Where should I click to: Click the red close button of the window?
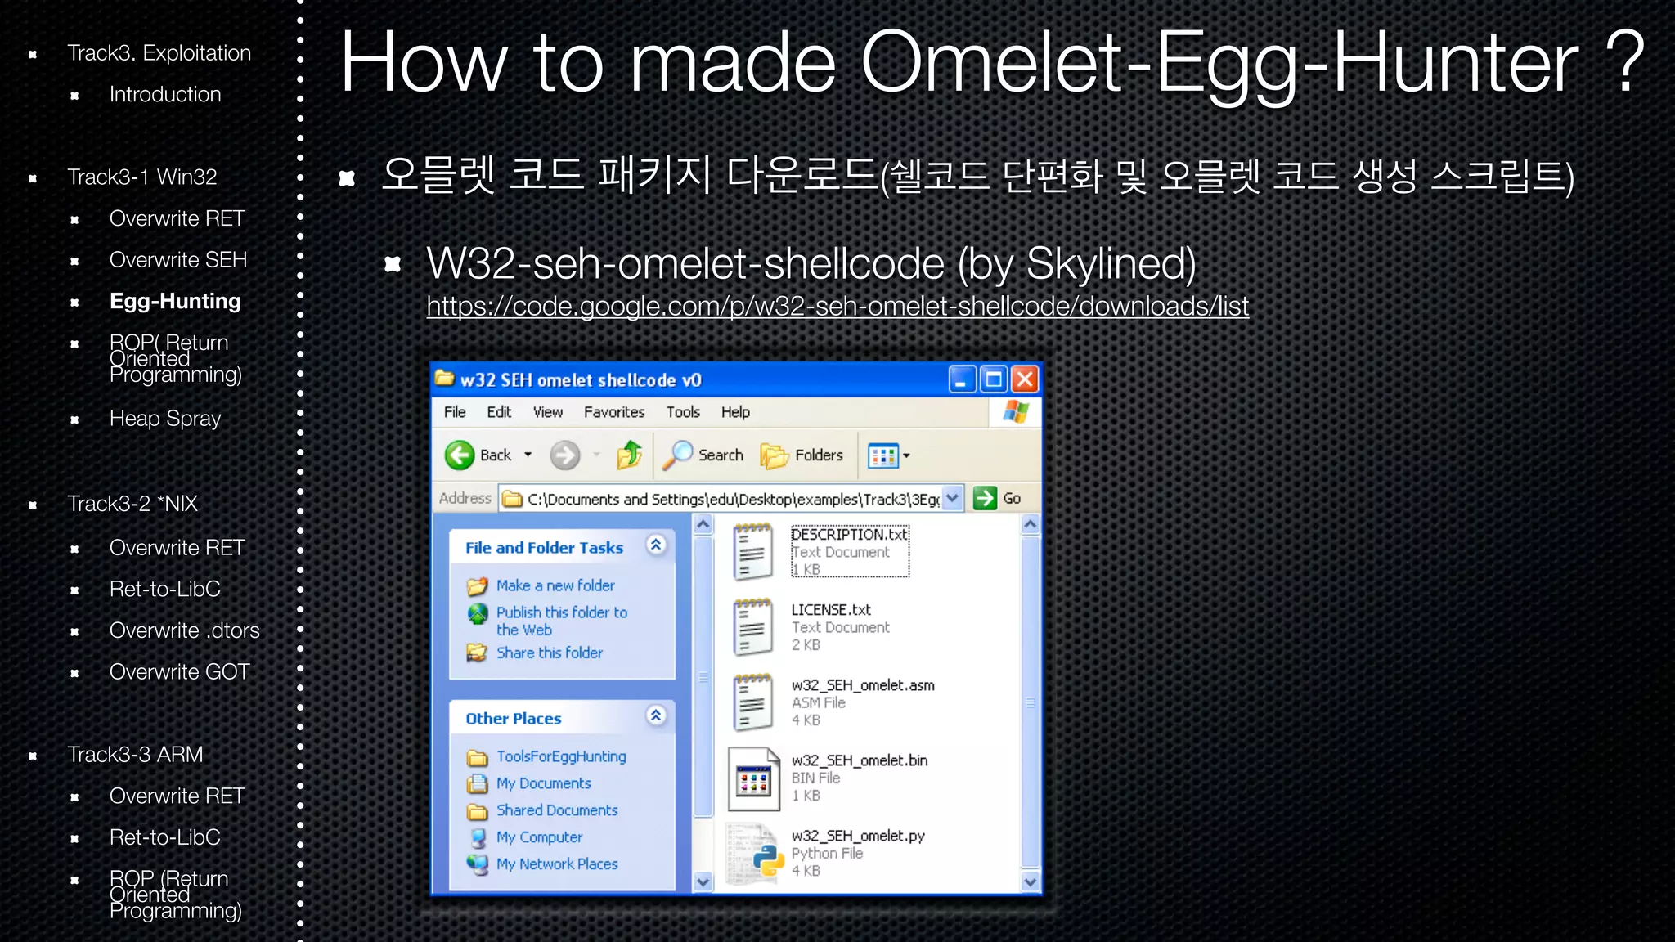(x=1025, y=379)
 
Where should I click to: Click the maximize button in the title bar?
(x=994, y=379)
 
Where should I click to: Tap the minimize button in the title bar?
(x=962, y=379)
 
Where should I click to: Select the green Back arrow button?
(x=460, y=455)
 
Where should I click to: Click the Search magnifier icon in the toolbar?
(x=678, y=455)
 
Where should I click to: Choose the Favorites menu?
(x=613, y=412)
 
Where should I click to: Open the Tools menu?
(x=683, y=412)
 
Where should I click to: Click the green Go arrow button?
(x=986, y=498)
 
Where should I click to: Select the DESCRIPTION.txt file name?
(x=849, y=535)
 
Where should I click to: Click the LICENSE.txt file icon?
(x=752, y=627)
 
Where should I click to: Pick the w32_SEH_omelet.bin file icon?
(x=753, y=778)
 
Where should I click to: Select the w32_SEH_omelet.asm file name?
(x=862, y=685)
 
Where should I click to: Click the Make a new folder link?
(x=555, y=585)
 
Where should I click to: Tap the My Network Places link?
(x=557, y=863)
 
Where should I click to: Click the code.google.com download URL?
(x=837, y=306)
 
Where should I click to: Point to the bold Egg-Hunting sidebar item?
(x=175, y=301)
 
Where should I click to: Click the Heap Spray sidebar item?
(x=165, y=419)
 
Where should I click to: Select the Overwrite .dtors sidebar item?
(x=184, y=630)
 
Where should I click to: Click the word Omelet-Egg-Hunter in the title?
(x=1219, y=62)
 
